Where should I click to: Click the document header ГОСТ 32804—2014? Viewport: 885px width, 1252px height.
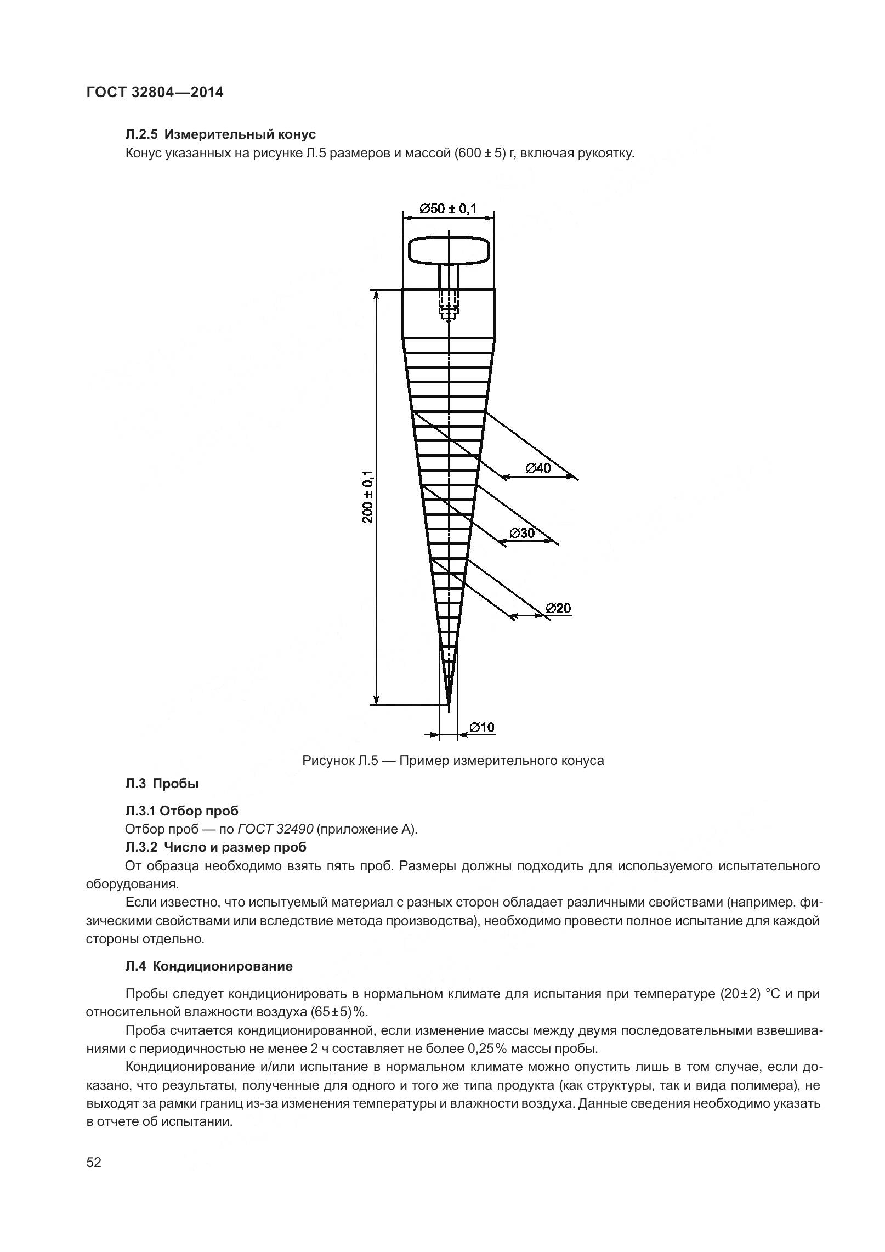(155, 92)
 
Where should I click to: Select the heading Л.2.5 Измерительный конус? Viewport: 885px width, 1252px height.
(220, 134)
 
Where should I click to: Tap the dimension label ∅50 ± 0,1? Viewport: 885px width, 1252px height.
(448, 208)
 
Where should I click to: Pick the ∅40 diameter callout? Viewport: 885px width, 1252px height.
(538, 468)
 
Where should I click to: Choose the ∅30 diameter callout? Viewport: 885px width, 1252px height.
(521, 533)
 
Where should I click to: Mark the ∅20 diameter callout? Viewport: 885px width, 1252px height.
(558, 608)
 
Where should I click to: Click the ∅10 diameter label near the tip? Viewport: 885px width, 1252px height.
(481, 727)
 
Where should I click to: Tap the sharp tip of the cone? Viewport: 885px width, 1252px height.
(449, 704)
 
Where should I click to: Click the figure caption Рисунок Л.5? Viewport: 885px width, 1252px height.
(452, 761)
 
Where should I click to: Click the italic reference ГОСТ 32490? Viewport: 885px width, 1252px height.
(276, 829)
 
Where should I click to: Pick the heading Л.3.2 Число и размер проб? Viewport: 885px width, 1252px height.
(215, 847)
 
